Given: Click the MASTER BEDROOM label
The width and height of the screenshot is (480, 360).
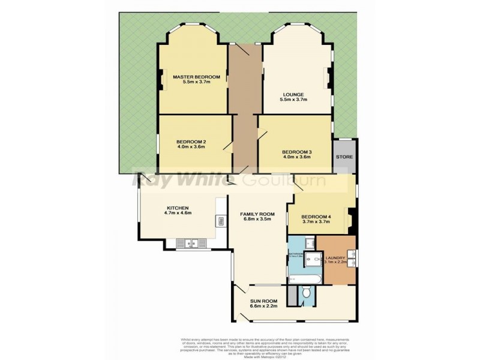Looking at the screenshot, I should coord(197,77).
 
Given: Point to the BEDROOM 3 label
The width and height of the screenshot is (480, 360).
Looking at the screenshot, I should coord(296,153).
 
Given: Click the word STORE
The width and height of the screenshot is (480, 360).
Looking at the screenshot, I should coord(344,157).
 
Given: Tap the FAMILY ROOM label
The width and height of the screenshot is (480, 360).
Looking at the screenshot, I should coord(257,214).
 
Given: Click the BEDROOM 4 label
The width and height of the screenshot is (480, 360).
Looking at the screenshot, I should coord(316,217).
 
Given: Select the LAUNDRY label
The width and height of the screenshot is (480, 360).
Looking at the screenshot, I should coord(336,258).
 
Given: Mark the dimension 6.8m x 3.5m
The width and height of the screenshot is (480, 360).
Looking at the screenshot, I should coord(257,220).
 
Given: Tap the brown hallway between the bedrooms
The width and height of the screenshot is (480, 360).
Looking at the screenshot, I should coord(244,108).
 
